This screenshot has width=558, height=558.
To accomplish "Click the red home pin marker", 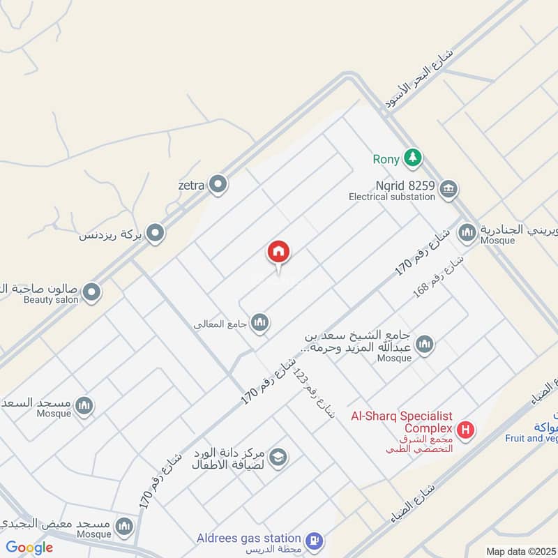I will (x=278, y=253).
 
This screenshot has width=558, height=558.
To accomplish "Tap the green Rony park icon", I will (x=414, y=158).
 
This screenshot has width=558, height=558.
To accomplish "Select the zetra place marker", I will (x=218, y=184).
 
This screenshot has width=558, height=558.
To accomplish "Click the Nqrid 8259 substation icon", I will (x=448, y=188).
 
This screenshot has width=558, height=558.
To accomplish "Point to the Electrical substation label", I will (x=392, y=197).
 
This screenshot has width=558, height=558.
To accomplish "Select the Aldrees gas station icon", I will (x=315, y=539).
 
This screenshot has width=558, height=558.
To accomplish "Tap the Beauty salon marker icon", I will (x=91, y=293).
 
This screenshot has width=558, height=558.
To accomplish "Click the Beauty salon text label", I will (x=52, y=299).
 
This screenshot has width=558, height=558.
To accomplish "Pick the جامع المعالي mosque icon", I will (x=260, y=322).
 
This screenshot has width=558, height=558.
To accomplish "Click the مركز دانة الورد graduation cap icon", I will (x=278, y=457).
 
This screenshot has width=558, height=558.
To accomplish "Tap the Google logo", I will (x=29, y=548).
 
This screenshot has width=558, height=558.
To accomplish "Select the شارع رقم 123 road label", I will (x=313, y=393).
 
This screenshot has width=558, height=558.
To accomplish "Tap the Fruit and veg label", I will (x=531, y=438).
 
